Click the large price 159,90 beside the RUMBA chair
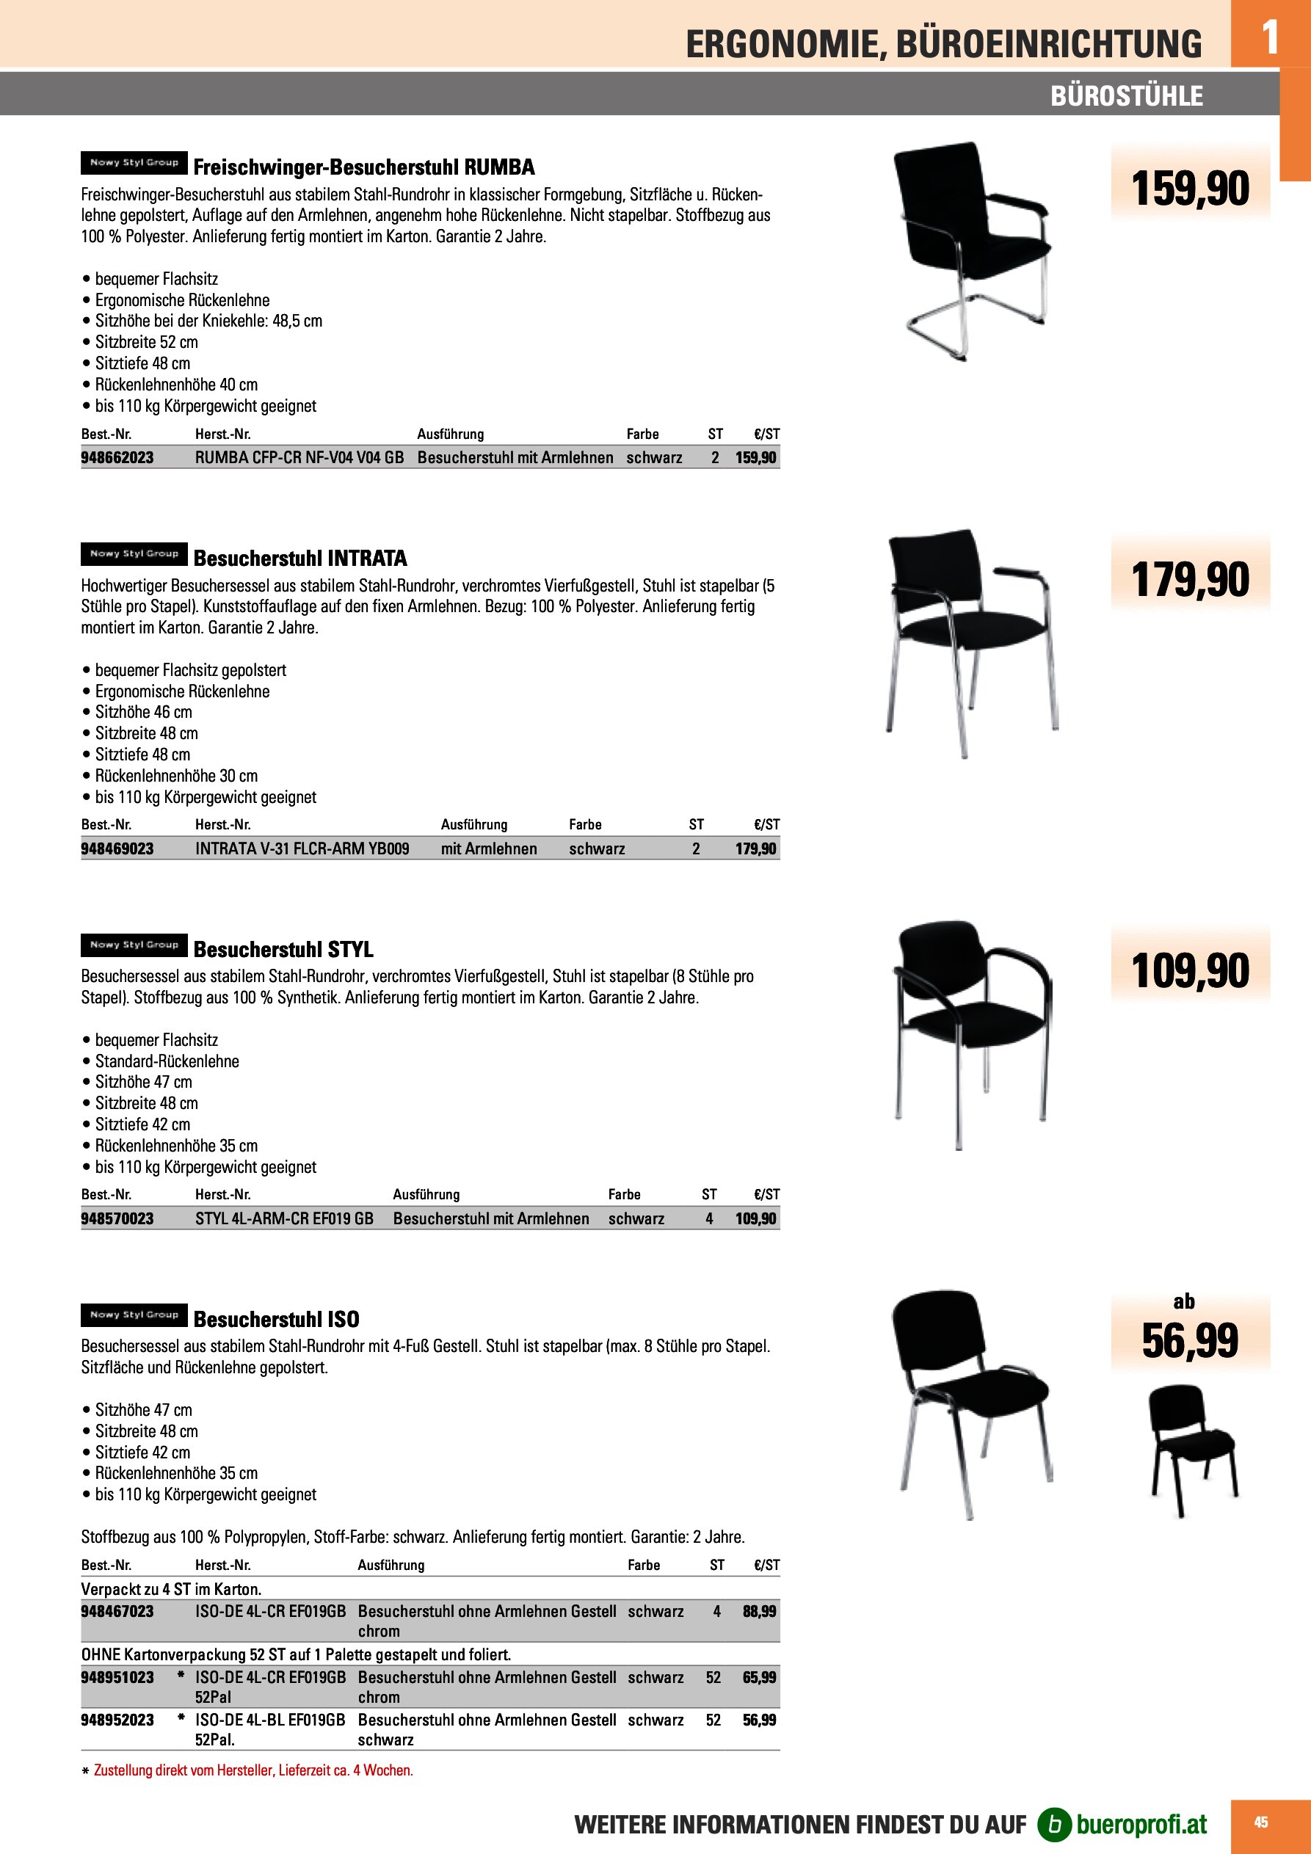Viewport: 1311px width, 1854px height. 1190,188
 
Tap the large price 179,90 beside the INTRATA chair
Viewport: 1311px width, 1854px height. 1190,580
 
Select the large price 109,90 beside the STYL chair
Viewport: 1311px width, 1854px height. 1190,970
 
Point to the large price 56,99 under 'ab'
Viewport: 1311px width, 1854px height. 1190,1341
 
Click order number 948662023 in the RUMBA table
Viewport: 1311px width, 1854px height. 117,458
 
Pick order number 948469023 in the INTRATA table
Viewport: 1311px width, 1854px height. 117,848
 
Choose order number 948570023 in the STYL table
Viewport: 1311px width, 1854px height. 117,1218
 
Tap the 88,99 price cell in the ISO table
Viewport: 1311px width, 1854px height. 759,1611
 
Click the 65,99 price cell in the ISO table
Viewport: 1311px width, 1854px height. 759,1677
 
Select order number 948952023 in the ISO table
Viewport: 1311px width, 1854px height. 117,1720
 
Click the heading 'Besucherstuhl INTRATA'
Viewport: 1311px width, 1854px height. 299,558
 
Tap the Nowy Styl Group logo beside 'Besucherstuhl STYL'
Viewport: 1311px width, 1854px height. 134,945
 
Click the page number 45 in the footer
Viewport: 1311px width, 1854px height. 1260,1822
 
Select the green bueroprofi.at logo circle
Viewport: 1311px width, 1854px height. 1054,1824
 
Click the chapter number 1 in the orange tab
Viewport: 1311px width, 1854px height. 1270,37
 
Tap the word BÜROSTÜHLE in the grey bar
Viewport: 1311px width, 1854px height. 1126,96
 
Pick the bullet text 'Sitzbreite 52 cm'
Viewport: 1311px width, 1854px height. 146,341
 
